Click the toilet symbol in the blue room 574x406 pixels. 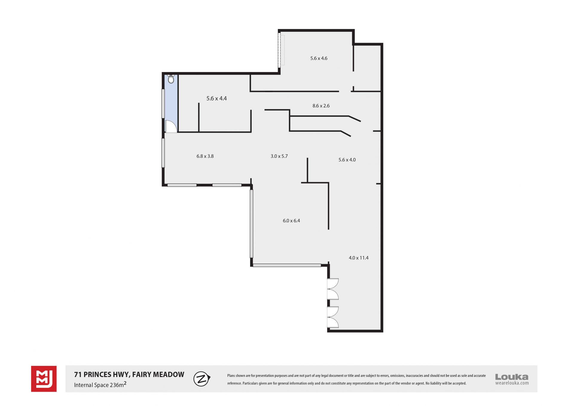point(171,79)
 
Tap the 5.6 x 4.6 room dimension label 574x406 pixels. point(319,58)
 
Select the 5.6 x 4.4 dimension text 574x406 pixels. point(216,98)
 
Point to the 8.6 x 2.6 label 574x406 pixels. point(321,106)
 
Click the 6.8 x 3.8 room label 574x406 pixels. point(205,156)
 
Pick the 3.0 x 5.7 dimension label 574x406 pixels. point(279,156)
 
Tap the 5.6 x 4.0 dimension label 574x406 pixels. point(347,160)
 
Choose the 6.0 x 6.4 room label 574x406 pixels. point(291,221)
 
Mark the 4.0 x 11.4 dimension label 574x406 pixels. point(359,258)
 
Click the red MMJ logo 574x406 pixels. point(44,379)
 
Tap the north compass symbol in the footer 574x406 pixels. point(202,379)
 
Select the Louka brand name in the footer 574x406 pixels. point(512,377)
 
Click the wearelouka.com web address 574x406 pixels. point(512,383)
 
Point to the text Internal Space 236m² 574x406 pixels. point(100,385)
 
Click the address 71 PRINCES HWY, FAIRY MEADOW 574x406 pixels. point(129,375)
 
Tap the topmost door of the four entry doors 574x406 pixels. point(333,284)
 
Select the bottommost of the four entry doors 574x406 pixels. point(333,322)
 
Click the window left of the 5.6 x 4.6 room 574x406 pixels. point(280,50)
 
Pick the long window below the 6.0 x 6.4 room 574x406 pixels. point(287,265)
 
